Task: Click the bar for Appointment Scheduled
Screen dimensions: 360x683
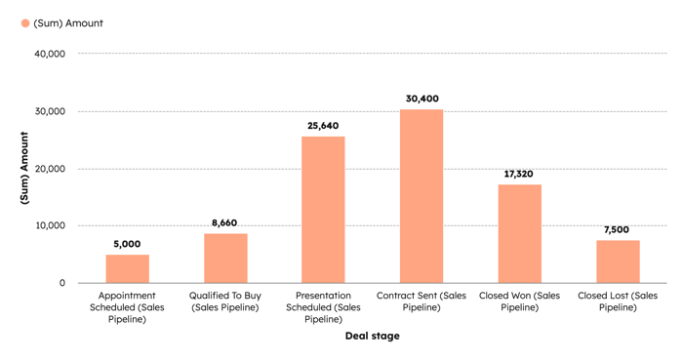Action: [x=127, y=268]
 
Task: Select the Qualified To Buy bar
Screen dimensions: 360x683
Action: [x=225, y=258]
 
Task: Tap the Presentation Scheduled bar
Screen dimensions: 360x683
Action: [x=323, y=210]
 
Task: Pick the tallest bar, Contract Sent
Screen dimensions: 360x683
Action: [x=422, y=196]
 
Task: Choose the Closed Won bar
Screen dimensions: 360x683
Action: [x=519, y=233]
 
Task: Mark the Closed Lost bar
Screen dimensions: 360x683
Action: [x=618, y=261]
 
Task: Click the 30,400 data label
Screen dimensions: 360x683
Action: [x=422, y=99]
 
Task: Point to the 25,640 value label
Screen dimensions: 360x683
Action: [x=323, y=126]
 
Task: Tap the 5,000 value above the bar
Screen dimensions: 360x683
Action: [x=127, y=244]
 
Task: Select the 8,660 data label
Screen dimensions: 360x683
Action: [x=225, y=222]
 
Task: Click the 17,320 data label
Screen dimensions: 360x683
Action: [x=519, y=174]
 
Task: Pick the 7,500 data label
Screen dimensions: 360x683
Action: [x=618, y=229]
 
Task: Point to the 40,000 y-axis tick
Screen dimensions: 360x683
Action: [x=49, y=55]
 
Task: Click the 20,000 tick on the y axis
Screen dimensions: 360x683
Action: [x=49, y=169]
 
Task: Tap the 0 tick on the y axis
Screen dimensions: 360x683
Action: [x=61, y=283]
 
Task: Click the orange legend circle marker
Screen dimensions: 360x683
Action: [x=25, y=22]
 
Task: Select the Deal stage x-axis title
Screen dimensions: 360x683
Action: [x=372, y=337]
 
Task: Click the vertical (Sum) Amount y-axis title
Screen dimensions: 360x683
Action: [x=24, y=168]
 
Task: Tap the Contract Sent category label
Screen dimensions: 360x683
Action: [x=422, y=300]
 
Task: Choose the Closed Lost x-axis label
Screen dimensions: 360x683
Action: [x=618, y=300]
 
